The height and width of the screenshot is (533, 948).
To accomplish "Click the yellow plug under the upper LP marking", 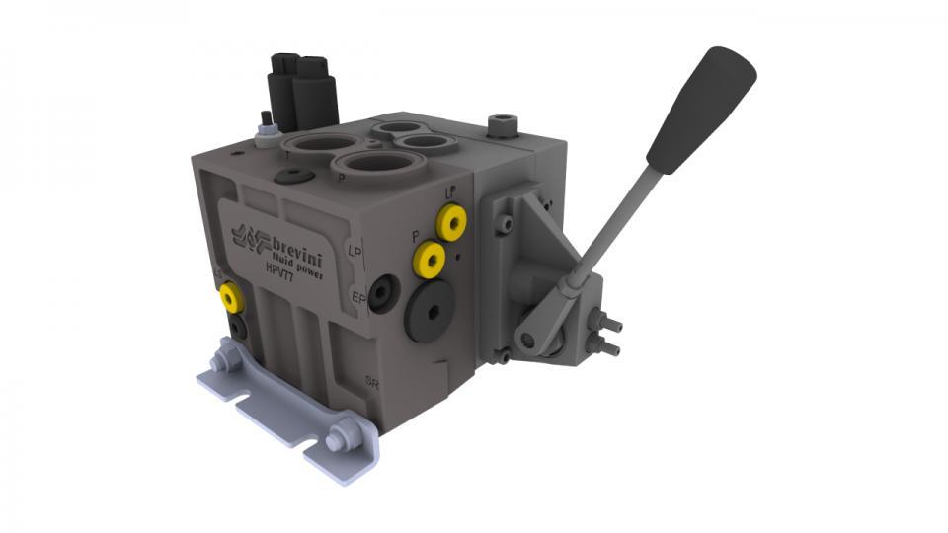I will coord(453,223).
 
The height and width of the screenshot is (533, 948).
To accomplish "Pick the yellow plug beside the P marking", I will coord(430,261).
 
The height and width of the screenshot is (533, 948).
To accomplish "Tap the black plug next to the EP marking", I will coord(382,293).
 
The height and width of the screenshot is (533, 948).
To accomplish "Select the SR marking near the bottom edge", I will coord(371,381).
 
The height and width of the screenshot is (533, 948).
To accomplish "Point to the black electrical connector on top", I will coord(303,91).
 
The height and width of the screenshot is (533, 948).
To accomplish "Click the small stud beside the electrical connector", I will coord(265,125).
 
